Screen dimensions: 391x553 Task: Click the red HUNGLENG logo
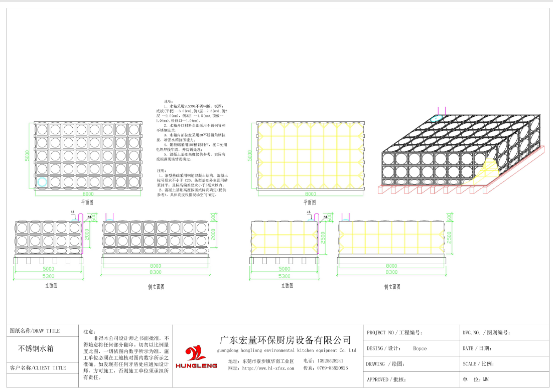pos(196,357)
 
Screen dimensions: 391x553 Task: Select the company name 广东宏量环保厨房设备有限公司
pos(285,339)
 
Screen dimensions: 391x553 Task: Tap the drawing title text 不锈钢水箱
pos(36,348)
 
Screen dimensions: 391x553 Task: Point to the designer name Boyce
pos(420,348)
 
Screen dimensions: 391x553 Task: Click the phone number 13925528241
pos(330,360)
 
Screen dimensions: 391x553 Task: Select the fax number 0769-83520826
pos(332,368)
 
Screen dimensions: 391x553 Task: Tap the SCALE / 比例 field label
pos(477,364)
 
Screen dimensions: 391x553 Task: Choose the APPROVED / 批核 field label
pos(386,379)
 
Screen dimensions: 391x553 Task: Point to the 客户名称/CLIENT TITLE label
pos(38,368)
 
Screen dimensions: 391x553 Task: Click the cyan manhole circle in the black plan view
pos(42,182)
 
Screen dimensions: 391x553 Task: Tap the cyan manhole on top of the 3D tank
pos(437,119)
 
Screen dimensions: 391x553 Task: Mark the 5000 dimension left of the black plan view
pos(28,156)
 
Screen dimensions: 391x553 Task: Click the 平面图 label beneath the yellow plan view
pos(311,202)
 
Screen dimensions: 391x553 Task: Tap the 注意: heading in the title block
pos(89,331)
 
